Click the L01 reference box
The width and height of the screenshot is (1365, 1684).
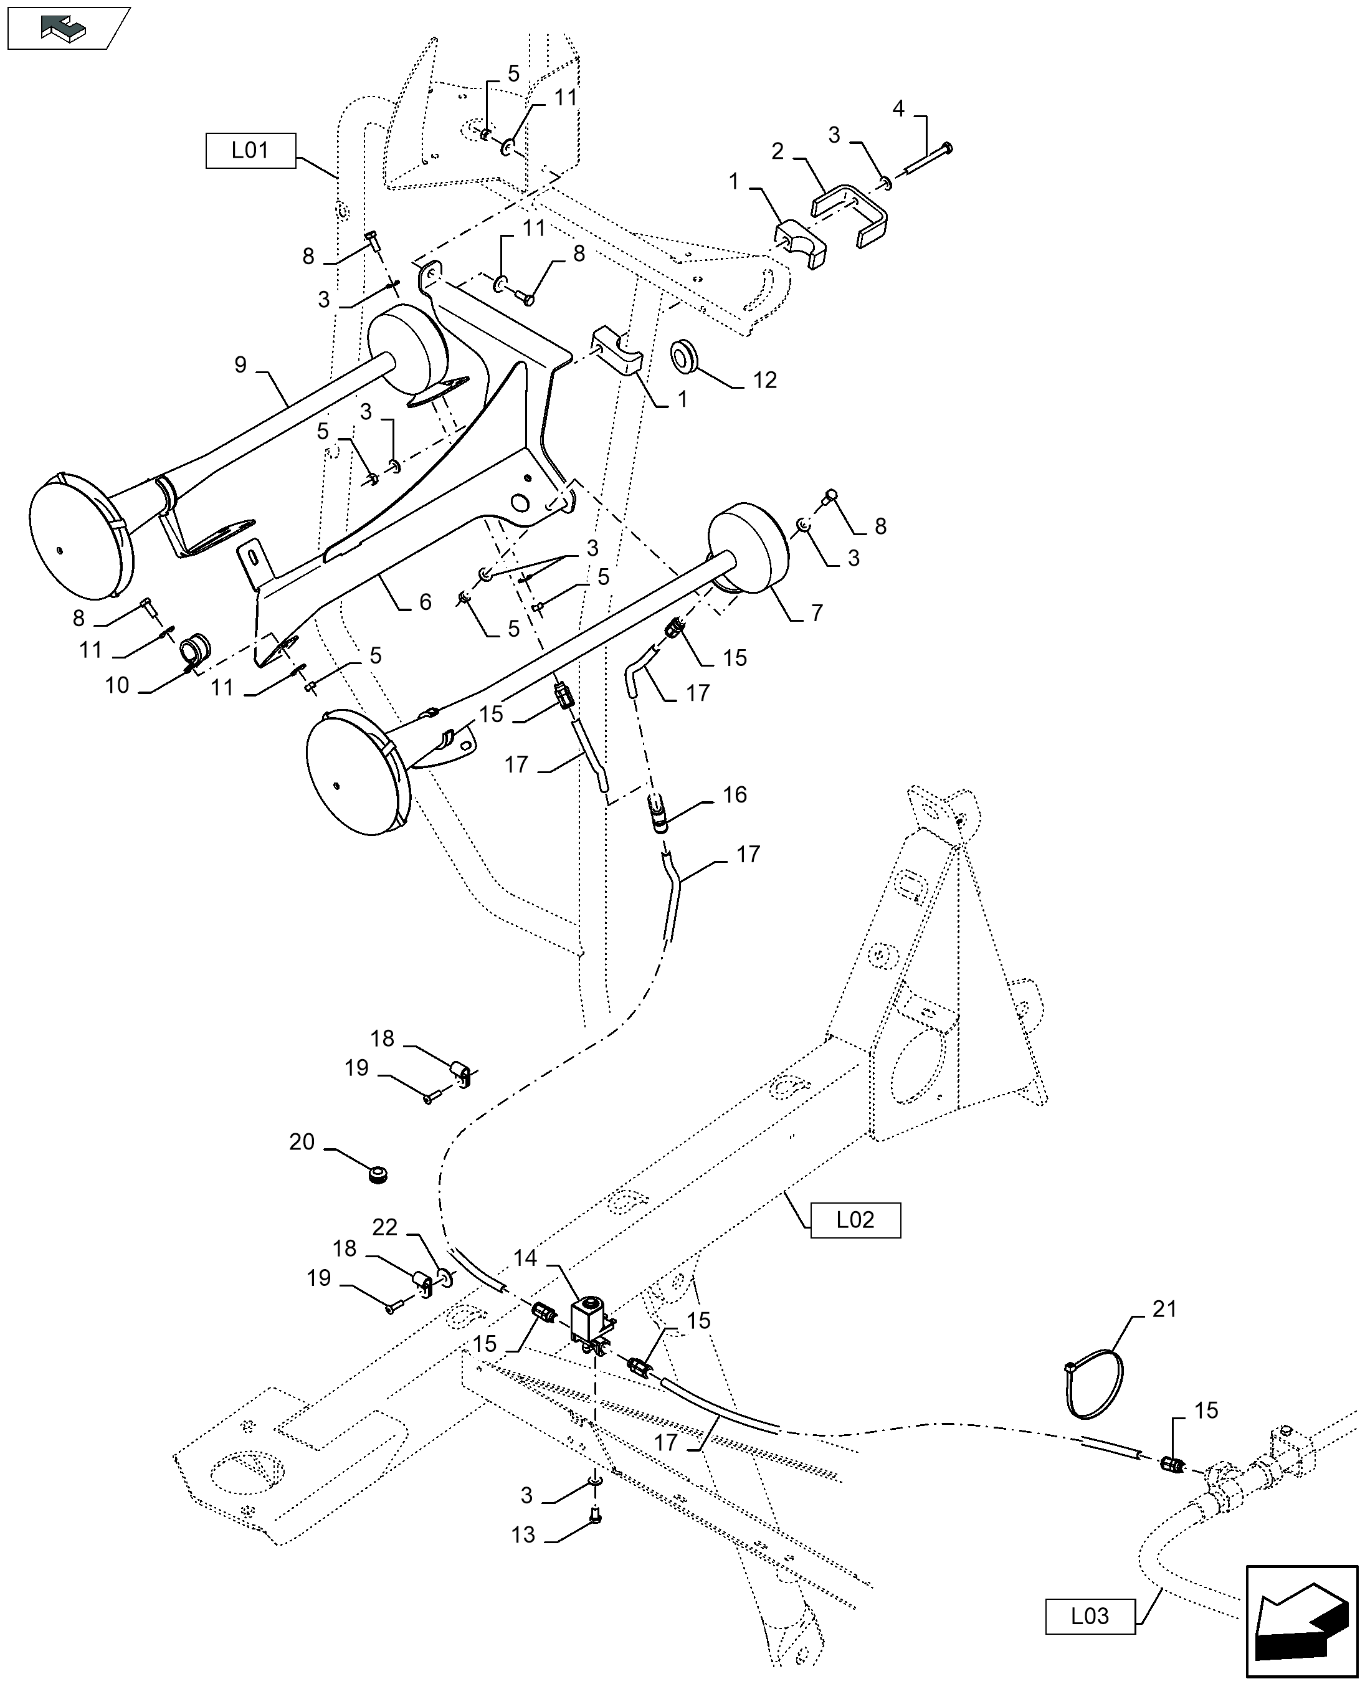point(250,150)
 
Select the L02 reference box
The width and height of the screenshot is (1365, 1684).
point(855,1219)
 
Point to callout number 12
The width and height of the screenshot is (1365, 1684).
point(764,380)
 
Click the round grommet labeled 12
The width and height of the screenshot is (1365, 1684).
point(685,355)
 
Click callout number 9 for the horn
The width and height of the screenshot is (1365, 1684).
point(240,365)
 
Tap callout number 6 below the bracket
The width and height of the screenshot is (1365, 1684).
point(426,602)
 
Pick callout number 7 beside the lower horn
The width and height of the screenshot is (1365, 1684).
point(817,612)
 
